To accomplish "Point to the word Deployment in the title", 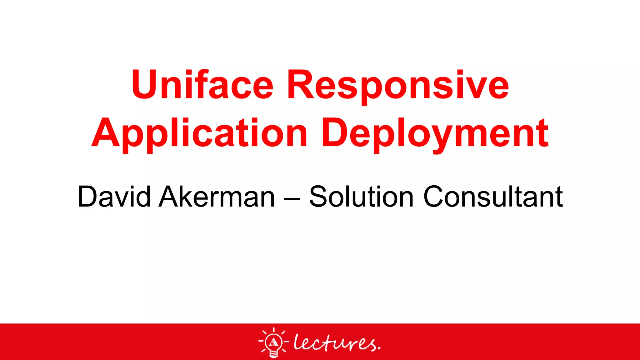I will pyautogui.click(x=435, y=134).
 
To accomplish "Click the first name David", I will pyautogui.click(x=114, y=197).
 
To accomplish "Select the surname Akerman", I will pyautogui.click(x=217, y=197).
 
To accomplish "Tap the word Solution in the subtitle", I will pyautogui.click(x=361, y=197).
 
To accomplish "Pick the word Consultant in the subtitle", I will pyautogui.click(x=493, y=197).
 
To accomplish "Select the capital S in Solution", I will pyautogui.click(x=320, y=197).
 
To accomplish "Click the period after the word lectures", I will pyautogui.click(x=379, y=347).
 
